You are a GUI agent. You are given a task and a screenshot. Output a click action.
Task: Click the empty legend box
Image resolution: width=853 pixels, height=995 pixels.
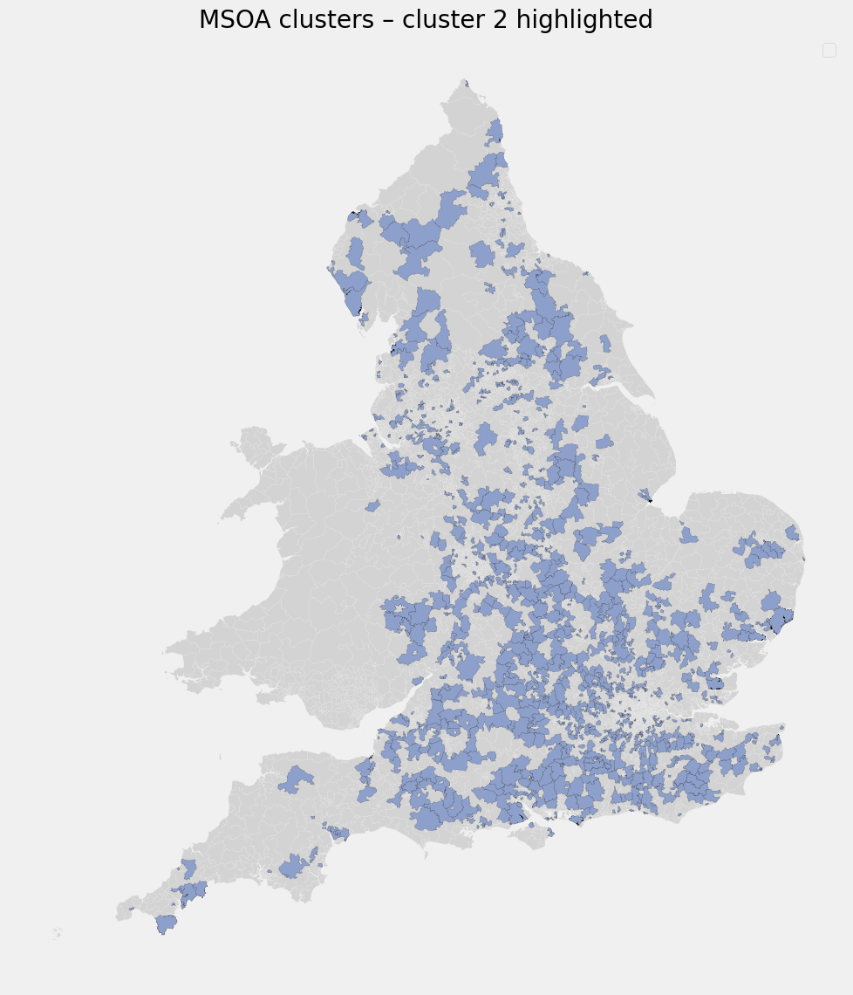[829, 51]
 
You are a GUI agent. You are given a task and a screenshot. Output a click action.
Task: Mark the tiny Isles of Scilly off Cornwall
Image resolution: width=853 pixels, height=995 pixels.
[58, 932]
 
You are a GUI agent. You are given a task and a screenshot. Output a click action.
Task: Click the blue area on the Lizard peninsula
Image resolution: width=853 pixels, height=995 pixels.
[166, 923]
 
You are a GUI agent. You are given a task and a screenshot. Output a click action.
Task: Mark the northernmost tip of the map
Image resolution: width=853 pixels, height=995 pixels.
[466, 81]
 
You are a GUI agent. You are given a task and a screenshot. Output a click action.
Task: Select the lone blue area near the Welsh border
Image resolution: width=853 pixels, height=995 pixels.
[373, 505]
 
